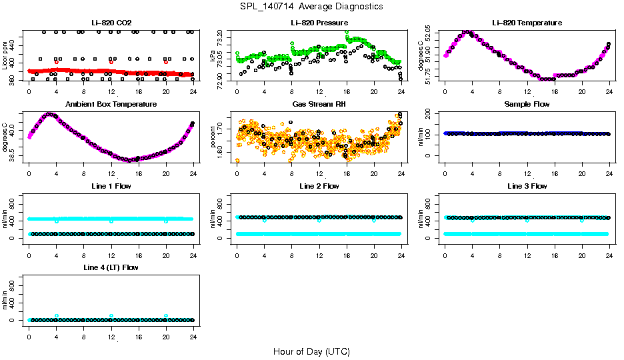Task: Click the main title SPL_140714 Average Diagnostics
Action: [312, 6]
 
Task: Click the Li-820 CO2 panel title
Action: [111, 23]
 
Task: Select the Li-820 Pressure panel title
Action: [319, 23]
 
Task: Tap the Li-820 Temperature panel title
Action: [527, 23]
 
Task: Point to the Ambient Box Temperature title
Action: [111, 105]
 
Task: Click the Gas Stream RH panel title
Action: [319, 105]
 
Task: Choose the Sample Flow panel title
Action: [527, 105]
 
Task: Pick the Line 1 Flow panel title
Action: [111, 186]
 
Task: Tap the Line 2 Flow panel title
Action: [319, 186]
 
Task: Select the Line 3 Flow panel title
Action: [527, 186]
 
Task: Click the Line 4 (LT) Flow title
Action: [111, 267]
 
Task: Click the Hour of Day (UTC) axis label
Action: [311, 351]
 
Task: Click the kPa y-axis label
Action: [213, 58]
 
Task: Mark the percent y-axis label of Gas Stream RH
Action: [213, 136]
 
